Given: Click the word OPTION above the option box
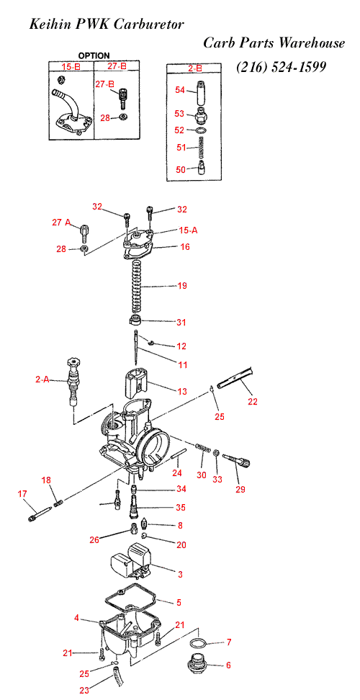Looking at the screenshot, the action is [94, 55].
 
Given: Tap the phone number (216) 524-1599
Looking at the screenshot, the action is [281, 67].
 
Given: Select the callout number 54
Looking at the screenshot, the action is [180, 90].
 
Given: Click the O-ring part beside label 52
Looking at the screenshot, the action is [201, 130].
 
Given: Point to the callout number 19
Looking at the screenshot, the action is [182, 286].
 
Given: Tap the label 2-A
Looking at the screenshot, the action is [42, 380].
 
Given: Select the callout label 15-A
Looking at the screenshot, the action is [188, 230].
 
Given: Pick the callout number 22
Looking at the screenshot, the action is [253, 401].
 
